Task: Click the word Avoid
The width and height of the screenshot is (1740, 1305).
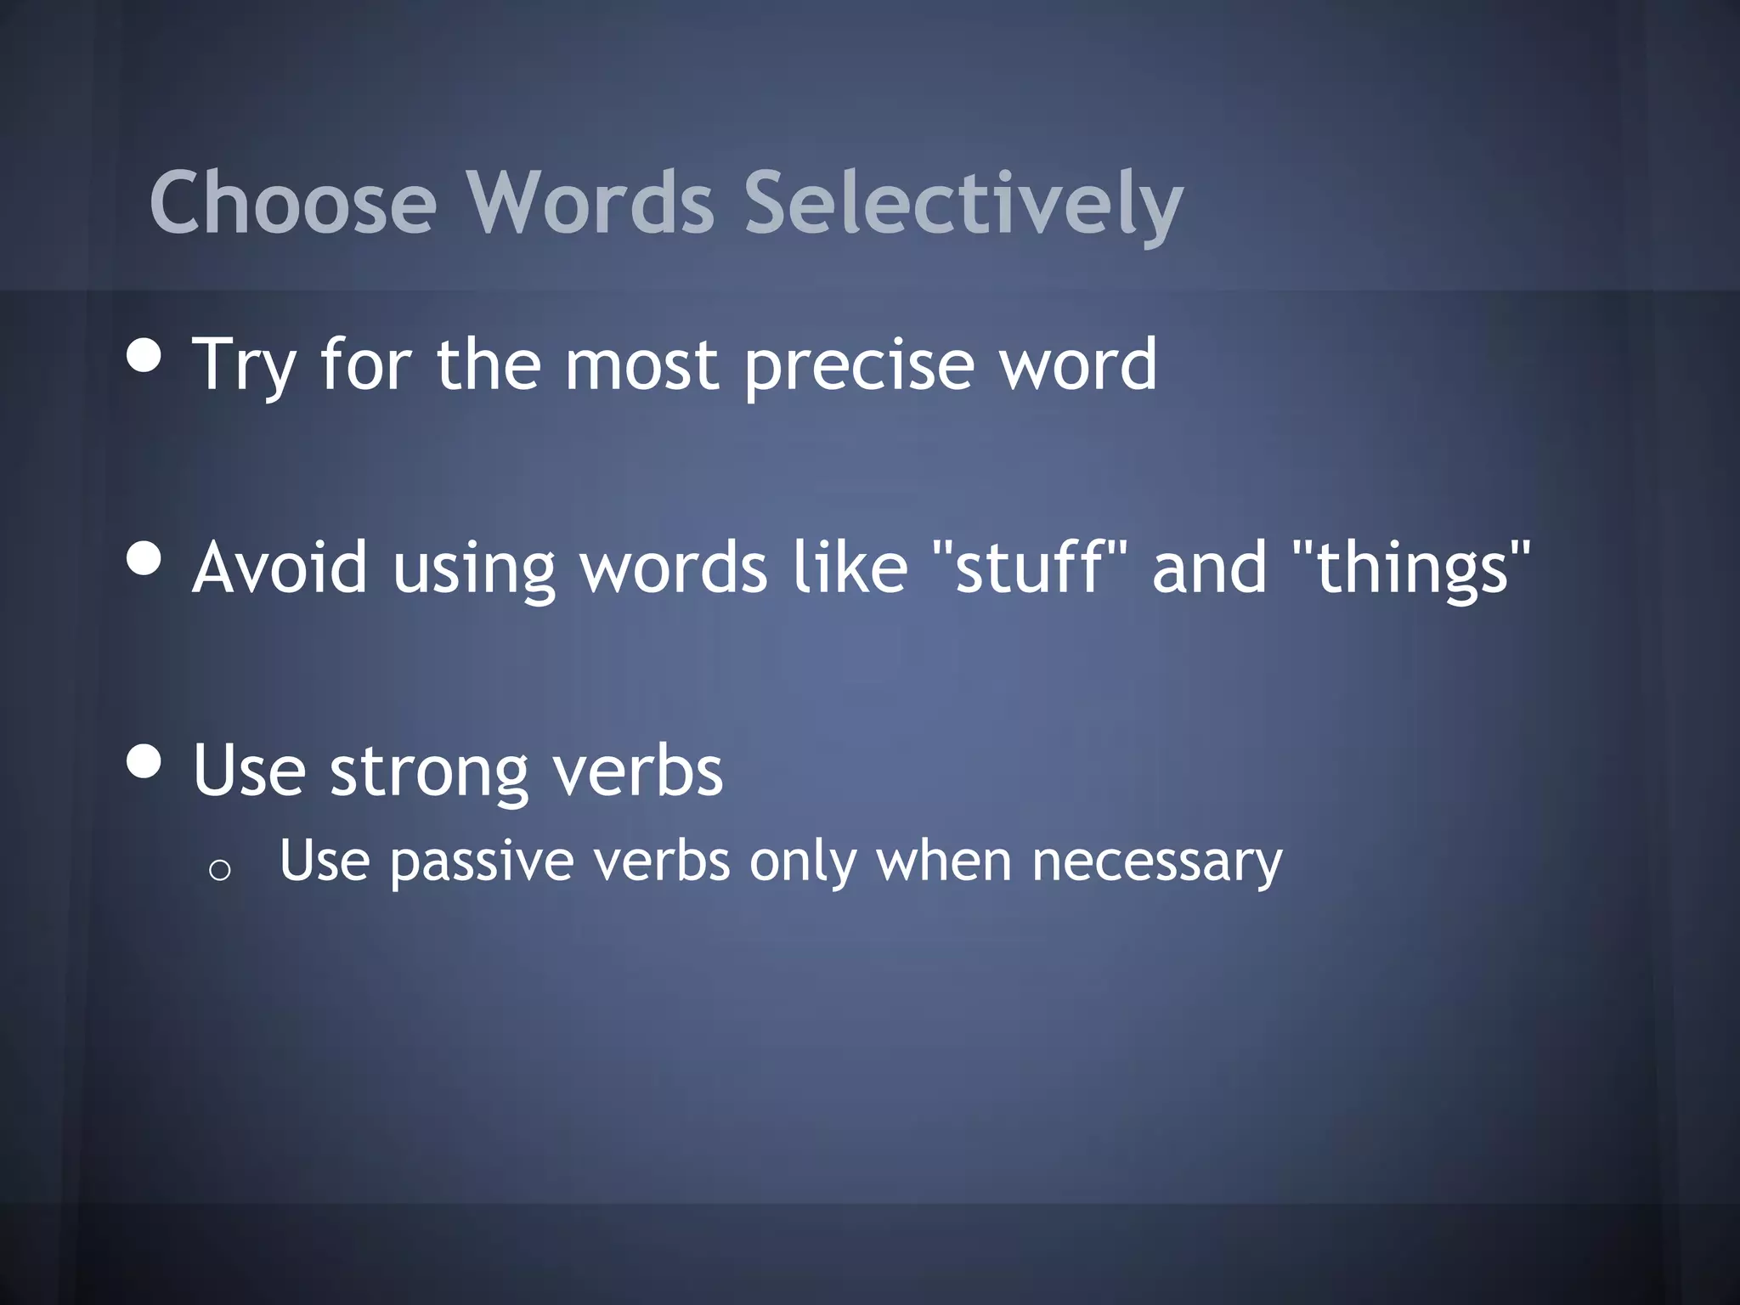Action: (x=280, y=568)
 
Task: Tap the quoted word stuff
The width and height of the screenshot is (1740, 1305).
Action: (x=1028, y=566)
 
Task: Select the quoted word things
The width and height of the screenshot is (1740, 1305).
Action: (x=1411, y=568)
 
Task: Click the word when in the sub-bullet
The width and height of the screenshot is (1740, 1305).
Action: (x=944, y=862)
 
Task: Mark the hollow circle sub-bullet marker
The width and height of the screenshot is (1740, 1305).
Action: (x=219, y=870)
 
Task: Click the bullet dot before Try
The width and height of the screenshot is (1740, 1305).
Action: (x=144, y=356)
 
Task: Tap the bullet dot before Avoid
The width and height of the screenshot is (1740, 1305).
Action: (x=144, y=558)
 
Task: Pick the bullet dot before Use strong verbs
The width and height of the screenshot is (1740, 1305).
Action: (x=144, y=761)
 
